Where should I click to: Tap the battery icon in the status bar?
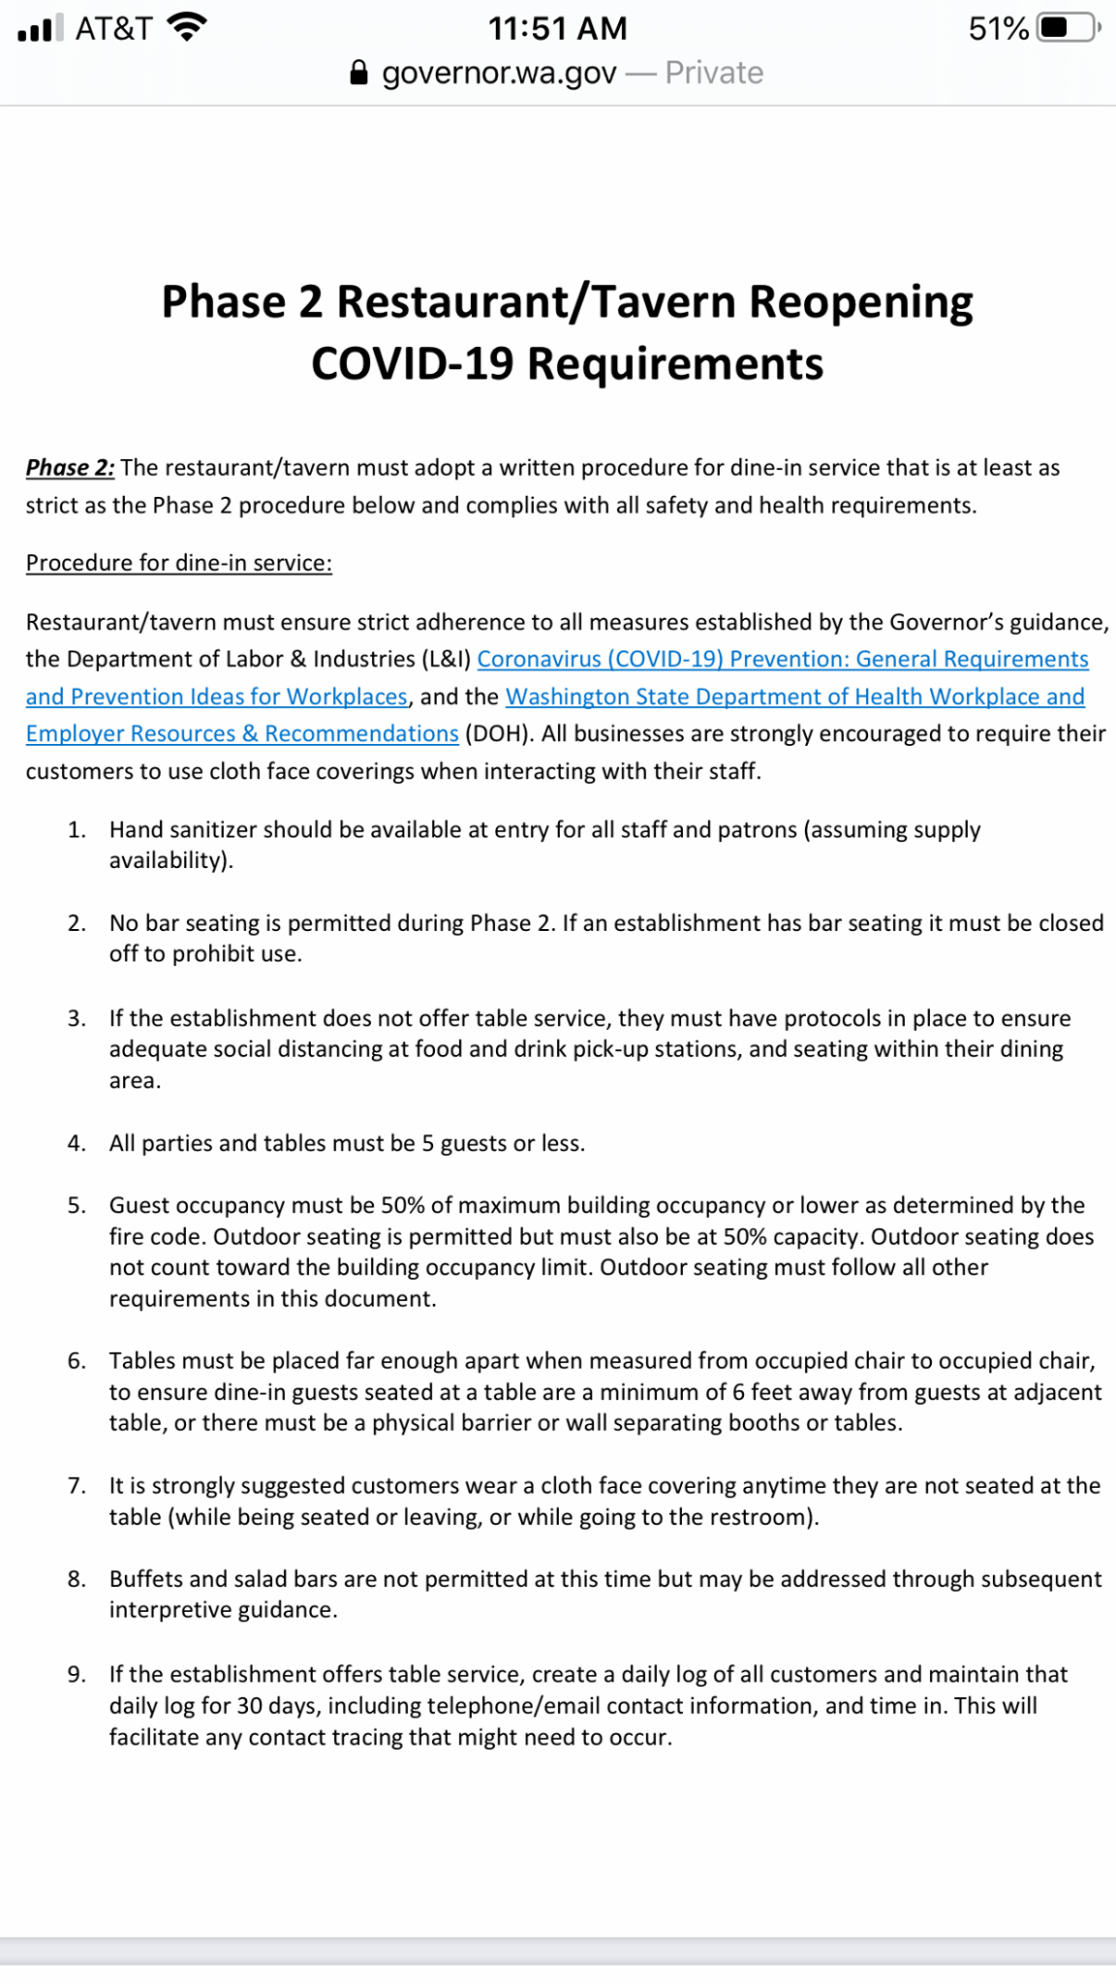click(x=1068, y=27)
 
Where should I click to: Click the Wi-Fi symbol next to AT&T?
click(x=187, y=27)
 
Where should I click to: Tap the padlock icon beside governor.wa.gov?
click(x=358, y=73)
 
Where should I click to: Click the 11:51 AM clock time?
click(x=557, y=28)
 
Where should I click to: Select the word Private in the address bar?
click(x=714, y=73)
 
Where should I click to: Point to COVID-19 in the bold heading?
click(x=413, y=364)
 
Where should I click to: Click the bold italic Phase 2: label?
click(x=70, y=468)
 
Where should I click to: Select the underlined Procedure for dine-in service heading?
click(x=178, y=563)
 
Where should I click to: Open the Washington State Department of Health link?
click(x=794, y=697)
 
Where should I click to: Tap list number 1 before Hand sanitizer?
click(x=77, y=830)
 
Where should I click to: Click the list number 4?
click(x=77, y=1143)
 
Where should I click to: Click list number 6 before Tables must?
click(x=77, y=1361)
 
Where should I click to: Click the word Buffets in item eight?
click(x=145, y=1579)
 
